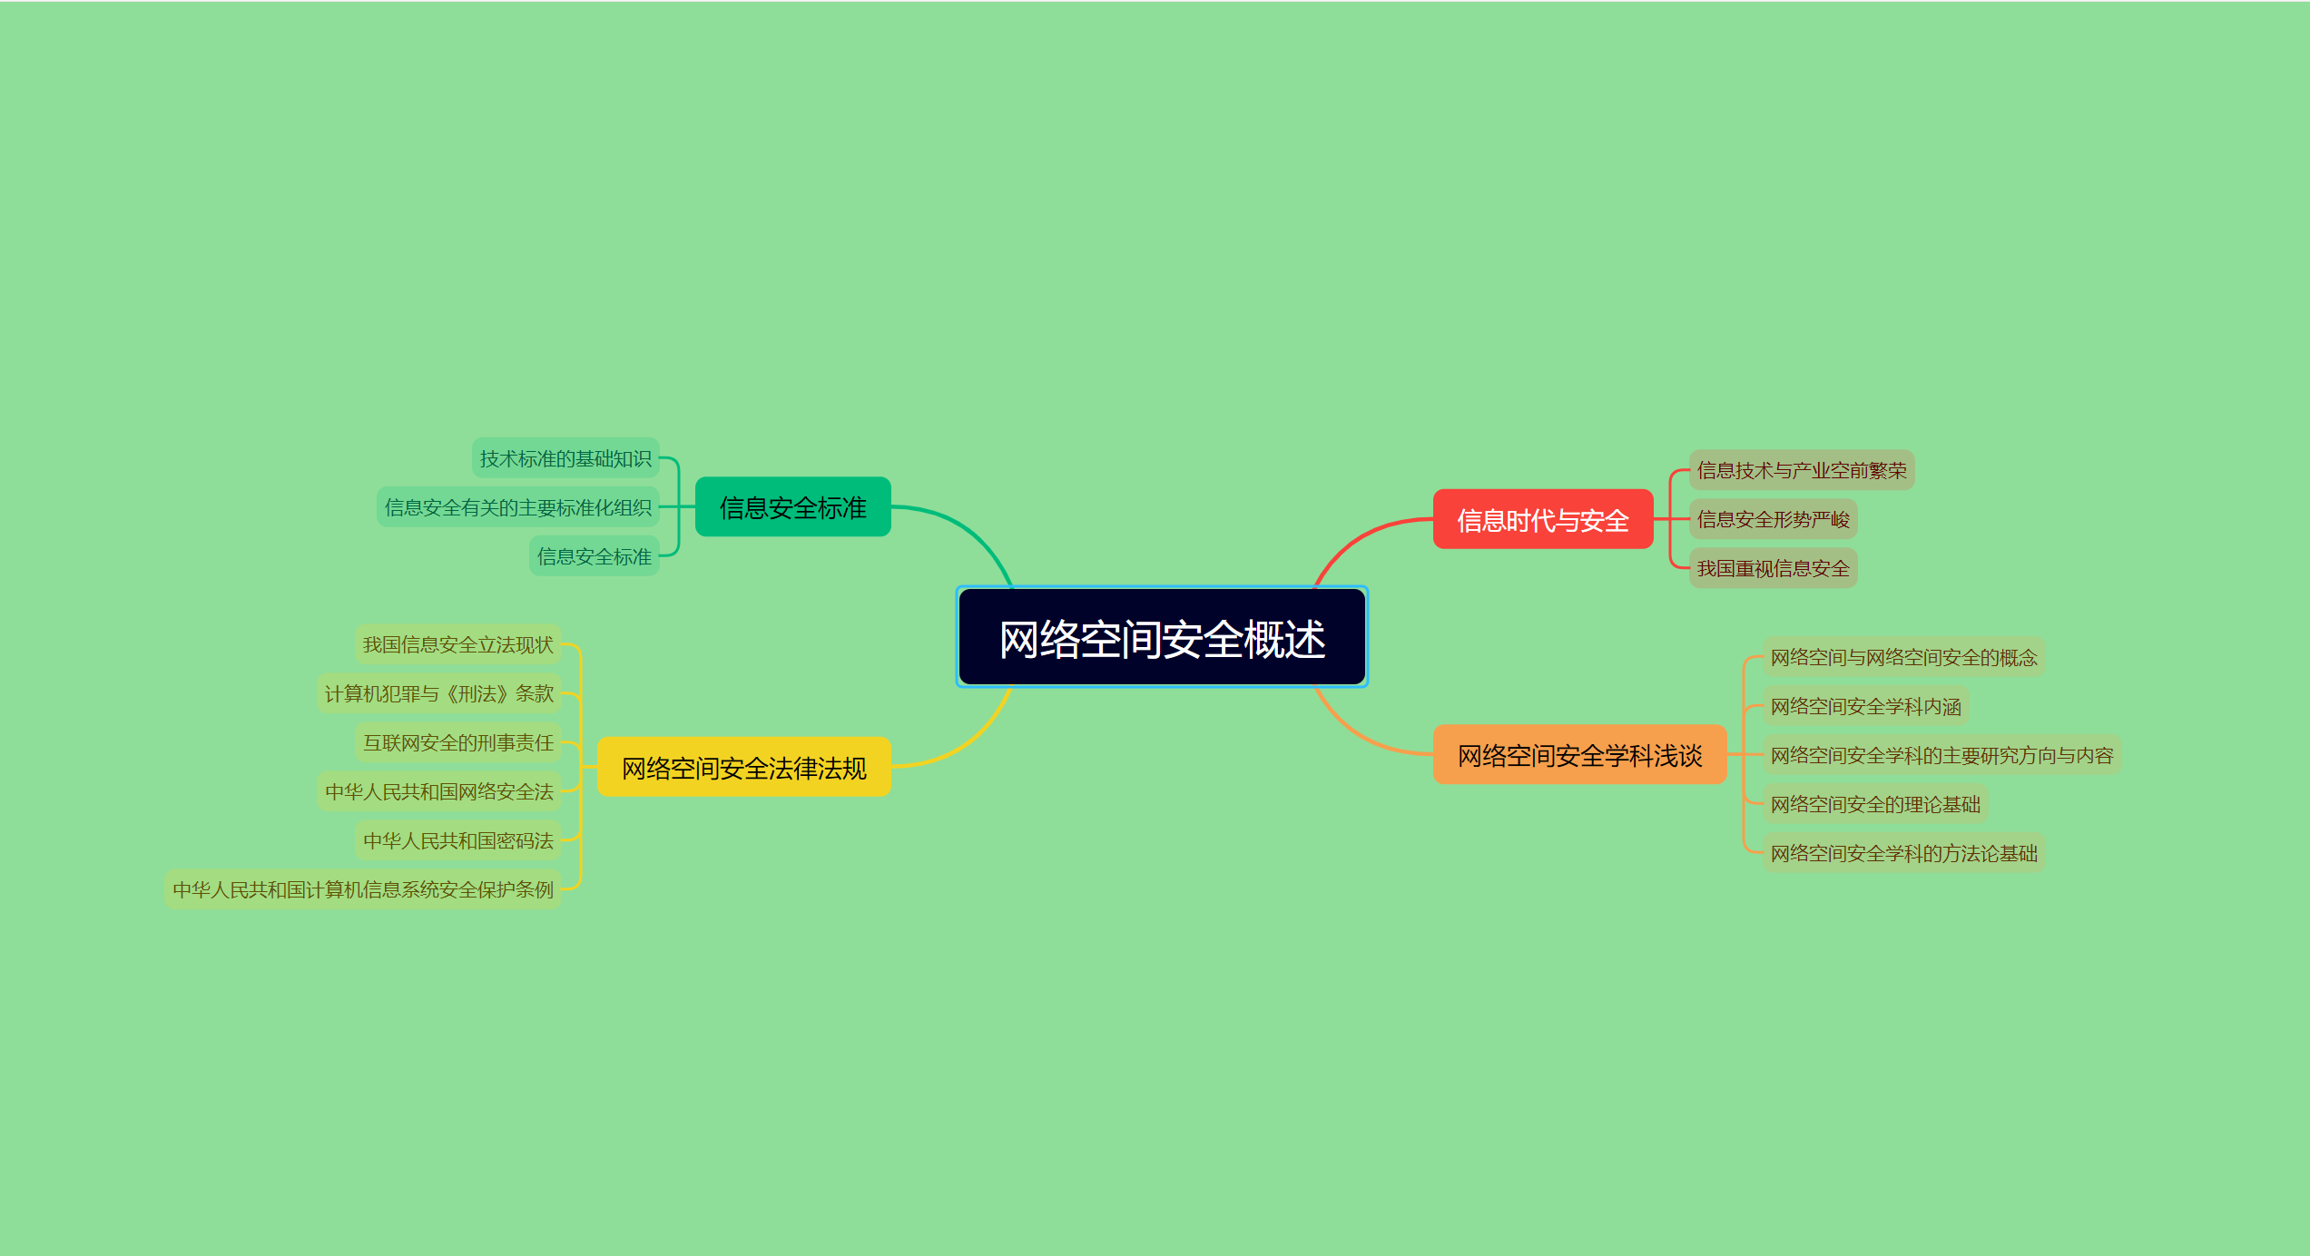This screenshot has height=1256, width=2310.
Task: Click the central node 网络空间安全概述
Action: pyautogui.click(x=1162, y=638)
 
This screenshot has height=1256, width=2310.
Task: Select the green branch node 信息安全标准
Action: pyautogui.click(x=792, y=507)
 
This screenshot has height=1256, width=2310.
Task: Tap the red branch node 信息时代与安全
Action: pyautogui.click(x=1542, y=520)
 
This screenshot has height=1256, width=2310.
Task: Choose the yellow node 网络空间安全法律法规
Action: pyautogui.click(x=743, y=768)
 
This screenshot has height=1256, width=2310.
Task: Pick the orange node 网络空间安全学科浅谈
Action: pyautogui.click(x=1579, y=755)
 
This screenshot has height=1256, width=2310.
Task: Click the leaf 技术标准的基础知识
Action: pyautogui.click(x=565, y=458)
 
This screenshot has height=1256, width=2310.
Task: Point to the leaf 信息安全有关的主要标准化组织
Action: pyautogui.click(x=517, y=507)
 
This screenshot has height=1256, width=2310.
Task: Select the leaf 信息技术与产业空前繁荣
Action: pyautogui.click(x=1801, y=470)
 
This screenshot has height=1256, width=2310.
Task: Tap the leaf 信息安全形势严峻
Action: pyautogui.click(x=1773, y=519)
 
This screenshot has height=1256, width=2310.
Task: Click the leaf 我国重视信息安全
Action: pyautogui.click(x=1773, y=568)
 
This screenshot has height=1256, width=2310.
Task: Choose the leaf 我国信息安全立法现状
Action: pyautogui.click(x=457, y=644)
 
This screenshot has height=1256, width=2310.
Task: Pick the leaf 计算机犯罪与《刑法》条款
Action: pyautogui.click(x=438, y=693)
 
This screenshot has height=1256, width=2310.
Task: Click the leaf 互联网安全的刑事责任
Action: pyautogui.click(x=457, y=742)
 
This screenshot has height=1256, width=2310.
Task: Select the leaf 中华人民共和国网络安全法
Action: pyautogui.click(x=438, y=791)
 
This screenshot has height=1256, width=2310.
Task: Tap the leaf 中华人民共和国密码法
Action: pyautogui.click(x=457, y=840)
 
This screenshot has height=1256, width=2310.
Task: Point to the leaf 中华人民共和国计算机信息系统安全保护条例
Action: pyautogui.click(x=362, y=889)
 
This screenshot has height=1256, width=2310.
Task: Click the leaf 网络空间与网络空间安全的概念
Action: pyautogui.click(x=1903, y=657)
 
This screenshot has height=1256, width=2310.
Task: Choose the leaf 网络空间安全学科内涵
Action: pyautogui.click(x=1865, y=706)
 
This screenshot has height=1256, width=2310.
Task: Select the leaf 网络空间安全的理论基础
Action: pyautogui.click(x=1875, y=804)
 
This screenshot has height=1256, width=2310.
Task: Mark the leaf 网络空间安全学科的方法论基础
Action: pyautogui.click(x=1903, y=853)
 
